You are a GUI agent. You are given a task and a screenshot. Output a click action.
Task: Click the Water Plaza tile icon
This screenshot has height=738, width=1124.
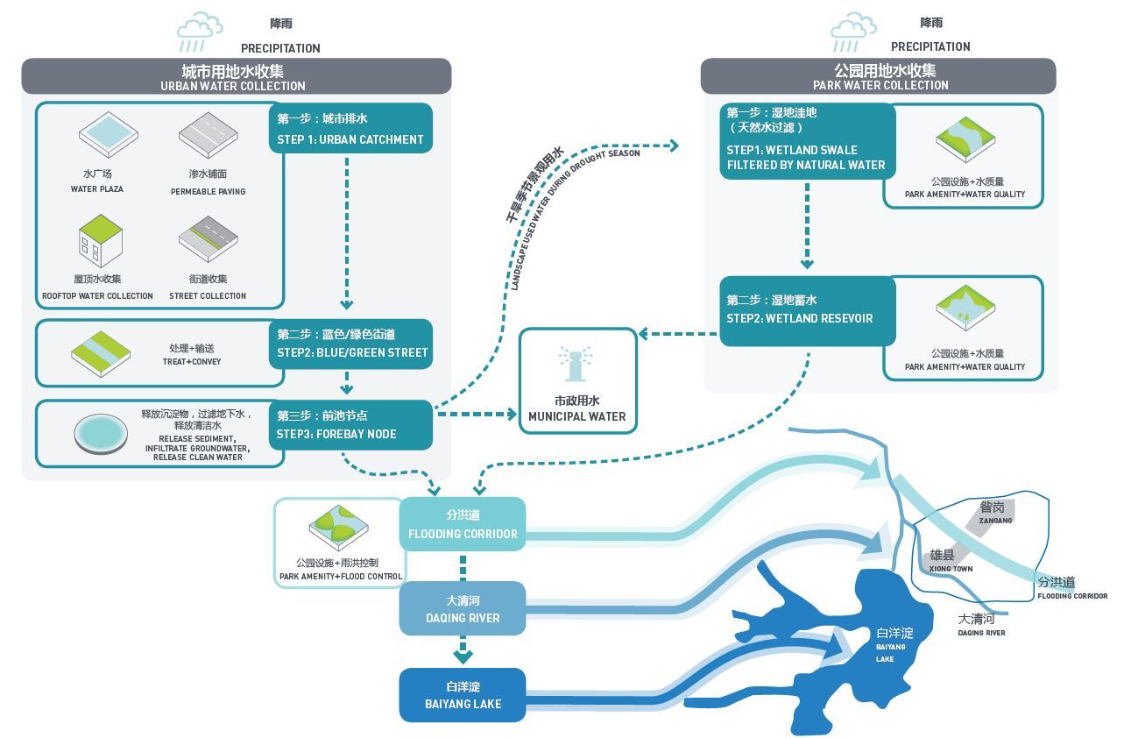click(108, 135)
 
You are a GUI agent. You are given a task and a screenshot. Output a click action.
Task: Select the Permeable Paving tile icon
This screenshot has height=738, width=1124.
click(209, 135)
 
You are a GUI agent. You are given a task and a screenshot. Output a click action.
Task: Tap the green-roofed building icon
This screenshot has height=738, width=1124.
click(101, 241)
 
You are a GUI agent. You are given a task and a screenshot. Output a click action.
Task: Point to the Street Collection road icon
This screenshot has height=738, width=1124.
click(209, 239)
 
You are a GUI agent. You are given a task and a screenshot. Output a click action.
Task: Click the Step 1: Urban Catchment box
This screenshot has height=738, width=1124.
click(350, 129)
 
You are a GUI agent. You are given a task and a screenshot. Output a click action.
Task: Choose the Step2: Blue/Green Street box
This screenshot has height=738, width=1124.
click(350, 344)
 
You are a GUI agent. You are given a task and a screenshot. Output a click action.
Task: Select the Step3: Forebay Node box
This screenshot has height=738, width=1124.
click(350, 425)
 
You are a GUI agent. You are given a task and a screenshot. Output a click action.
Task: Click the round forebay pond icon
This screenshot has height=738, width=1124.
click(101, 434)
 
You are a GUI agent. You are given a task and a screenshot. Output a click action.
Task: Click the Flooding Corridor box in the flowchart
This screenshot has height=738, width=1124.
click(463, 524)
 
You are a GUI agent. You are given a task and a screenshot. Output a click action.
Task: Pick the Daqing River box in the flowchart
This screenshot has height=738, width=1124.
click(463, 609)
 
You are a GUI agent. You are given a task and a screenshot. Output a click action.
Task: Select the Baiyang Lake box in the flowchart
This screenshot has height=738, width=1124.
click(463, 695)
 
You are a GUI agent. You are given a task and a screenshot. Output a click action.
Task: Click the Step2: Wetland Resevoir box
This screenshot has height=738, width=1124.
click(808, 311)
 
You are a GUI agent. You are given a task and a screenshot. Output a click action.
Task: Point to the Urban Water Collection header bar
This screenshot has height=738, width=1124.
click(237, 76)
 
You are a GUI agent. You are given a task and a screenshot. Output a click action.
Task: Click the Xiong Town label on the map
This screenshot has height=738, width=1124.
click(951, 560)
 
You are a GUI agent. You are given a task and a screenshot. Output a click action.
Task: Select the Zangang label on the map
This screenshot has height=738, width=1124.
click(995, 513)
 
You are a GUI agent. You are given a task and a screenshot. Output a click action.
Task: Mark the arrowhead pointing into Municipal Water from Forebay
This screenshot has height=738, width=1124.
click(512, 415)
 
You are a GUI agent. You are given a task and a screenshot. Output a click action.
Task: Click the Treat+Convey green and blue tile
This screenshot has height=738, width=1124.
click(101, 354)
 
